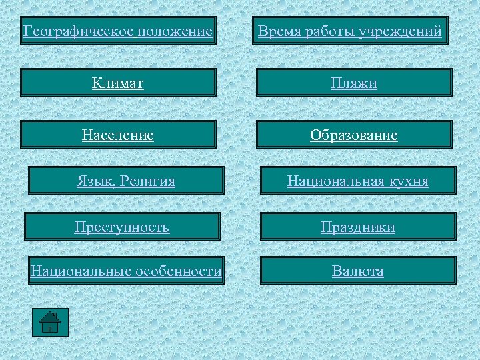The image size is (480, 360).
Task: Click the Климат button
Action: point(118,83)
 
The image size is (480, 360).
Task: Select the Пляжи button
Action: point(354,83)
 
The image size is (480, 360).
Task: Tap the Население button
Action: point(118,135)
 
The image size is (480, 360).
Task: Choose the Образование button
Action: point(354,135)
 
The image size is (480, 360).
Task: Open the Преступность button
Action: point(122,227)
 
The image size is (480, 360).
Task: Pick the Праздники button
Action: point(358,227)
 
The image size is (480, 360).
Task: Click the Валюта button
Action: point(358,271)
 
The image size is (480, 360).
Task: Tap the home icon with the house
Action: point(50,322)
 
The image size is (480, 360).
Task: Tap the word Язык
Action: point(94,181)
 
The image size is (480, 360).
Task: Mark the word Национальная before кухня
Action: point(333,181)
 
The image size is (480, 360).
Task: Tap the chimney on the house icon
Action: point(55,315)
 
